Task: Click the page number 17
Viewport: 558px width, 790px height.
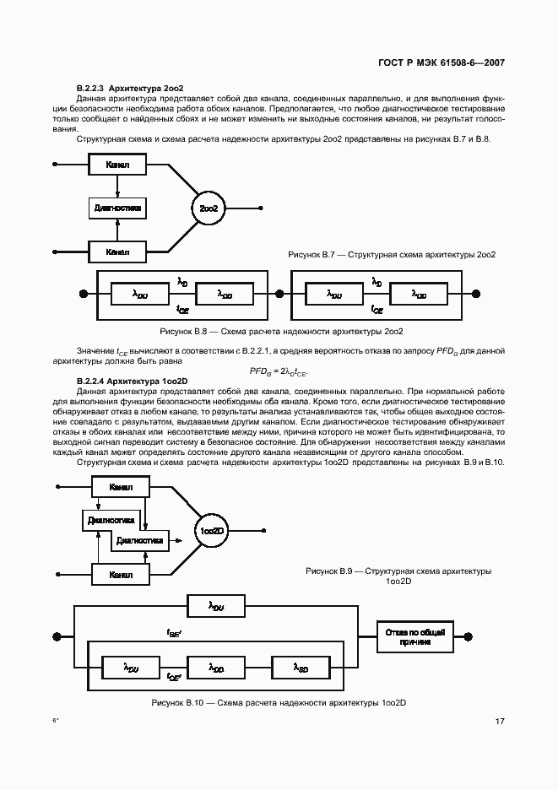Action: coord(501,721)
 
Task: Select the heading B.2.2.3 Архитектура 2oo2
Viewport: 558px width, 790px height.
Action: coord(130,88)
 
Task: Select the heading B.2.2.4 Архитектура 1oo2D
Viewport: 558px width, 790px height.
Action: coord(133,381)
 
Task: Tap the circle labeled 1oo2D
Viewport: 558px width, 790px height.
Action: coord(212,531)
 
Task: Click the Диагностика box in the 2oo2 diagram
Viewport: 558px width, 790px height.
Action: coord(117,207)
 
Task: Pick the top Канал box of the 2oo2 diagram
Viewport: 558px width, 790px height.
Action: coord(117,164)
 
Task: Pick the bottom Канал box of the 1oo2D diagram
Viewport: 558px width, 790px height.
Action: coord(121,575)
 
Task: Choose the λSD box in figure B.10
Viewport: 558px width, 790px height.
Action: coord(301,668)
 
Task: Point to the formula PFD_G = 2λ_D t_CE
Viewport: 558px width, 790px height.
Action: coord(279,371)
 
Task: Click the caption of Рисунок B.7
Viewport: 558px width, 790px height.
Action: coord(392,254)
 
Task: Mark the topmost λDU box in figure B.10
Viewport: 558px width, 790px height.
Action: coord(217,606)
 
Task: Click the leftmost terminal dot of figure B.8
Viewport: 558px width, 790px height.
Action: coord(84,294)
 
